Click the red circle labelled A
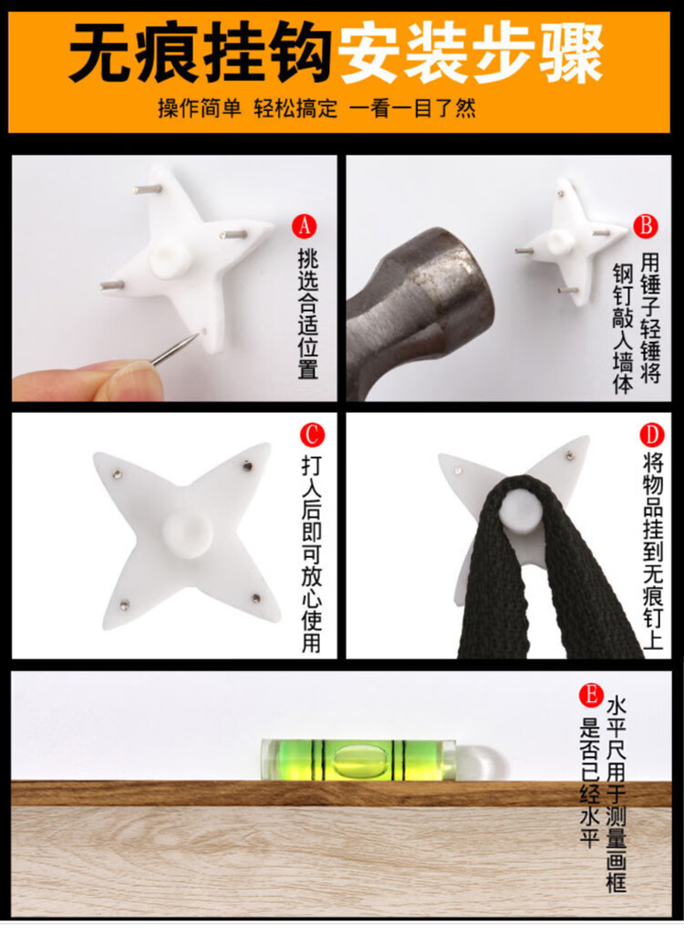click(x=305, y=226)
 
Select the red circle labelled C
click(x=312, y=435)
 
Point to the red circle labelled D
click(x=651, y=435)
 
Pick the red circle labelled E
click(x=591, y=695)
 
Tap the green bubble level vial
click(x=358, y=759)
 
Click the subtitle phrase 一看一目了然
click(x=412, y=108)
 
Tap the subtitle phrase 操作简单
click(x=200, y=108)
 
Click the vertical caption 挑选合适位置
click(x=308, y=314)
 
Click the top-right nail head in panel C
click(x=247, y=464)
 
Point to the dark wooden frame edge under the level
click(x=341, y=792)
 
